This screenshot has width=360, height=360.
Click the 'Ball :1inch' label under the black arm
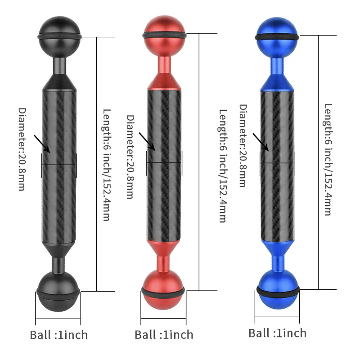pos(58,335)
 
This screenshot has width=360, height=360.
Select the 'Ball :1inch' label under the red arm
pos(164,335)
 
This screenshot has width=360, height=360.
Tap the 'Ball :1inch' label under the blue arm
pos(277,333)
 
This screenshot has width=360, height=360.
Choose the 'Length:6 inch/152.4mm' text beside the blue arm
pos(328,160)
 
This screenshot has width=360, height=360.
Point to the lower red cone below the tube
pos(163,248)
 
